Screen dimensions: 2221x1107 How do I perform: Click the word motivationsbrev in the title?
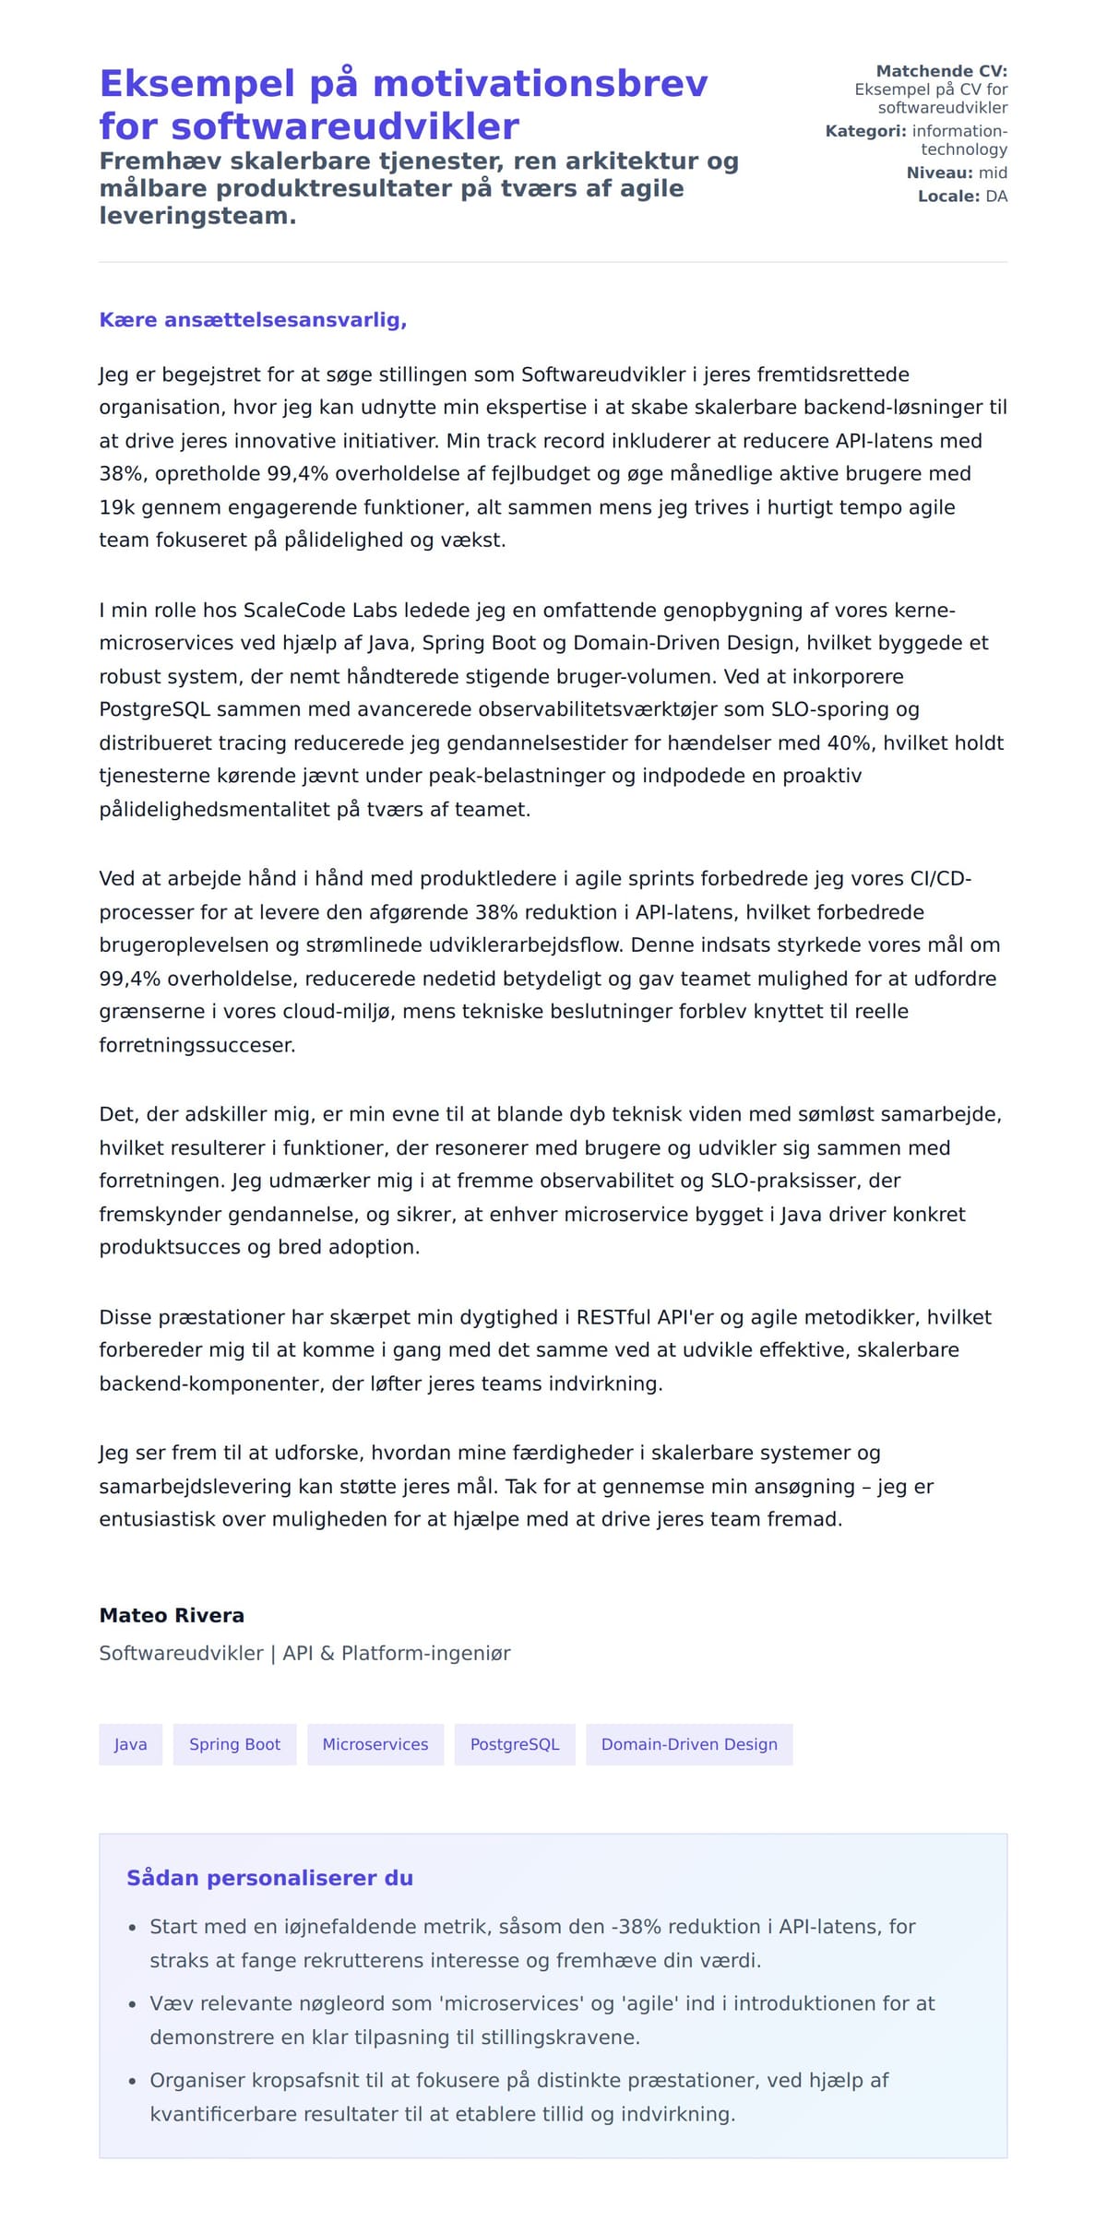pos(540,84)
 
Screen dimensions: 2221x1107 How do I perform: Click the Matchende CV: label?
pos(941,71)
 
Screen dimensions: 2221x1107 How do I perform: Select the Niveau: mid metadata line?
pos(957,172)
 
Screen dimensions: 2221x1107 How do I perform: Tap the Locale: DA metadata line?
pos(962,196)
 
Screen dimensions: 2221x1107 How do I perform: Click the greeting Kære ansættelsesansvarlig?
pos(253,320)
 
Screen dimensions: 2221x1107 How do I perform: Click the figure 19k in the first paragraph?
pos(117,507)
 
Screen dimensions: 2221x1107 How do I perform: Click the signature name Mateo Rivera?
pos(172,1615)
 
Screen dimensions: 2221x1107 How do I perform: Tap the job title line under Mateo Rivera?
pos(304,1653)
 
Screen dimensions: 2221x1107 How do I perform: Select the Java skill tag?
pos(130,1744)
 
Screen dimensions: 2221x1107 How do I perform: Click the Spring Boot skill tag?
pos(234,1744)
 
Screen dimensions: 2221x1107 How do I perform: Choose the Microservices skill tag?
pos(375,1744)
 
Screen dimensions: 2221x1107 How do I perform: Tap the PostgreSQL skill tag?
pos(515,1744)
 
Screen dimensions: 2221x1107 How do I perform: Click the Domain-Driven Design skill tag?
pos(689,1744)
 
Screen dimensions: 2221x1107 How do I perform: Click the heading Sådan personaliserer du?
pos(269,1878)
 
